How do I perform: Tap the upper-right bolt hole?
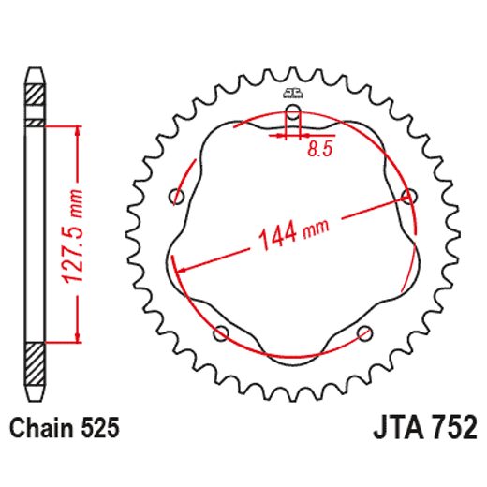click(x=407, y=196)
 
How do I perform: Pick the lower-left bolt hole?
click(x=222, y=332)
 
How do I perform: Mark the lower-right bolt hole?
click(x=365, y=332)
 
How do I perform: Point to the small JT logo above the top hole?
click(x=292, y=92)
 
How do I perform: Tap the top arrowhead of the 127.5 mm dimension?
click(x=74, y=128)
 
